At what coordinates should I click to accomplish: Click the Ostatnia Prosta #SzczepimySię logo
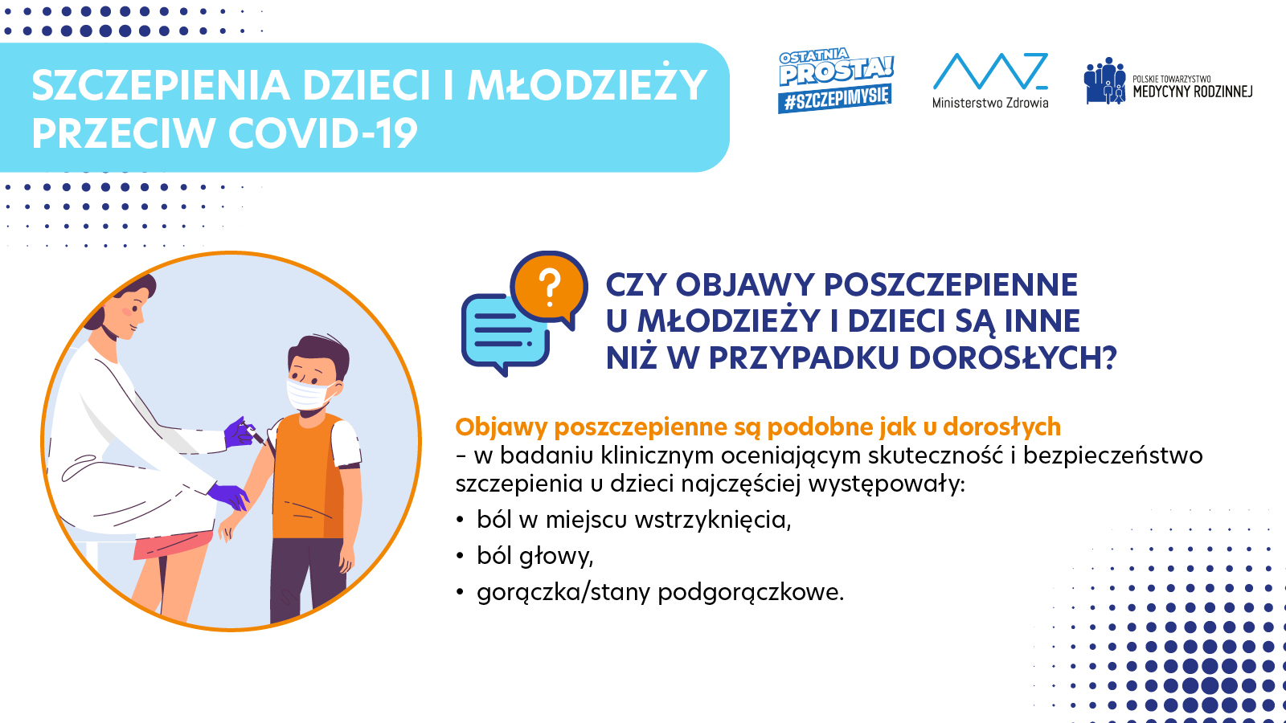pos(836,80)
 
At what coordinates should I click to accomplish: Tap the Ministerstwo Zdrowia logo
pos(990,81)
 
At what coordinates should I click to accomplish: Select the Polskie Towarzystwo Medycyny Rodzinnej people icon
pos(1104,81)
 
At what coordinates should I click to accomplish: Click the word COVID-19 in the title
pos(322,133)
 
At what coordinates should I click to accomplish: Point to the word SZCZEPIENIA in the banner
pos(161,85)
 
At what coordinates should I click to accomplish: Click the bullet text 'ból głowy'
pos(535,556)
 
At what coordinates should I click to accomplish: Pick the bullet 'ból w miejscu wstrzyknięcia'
pos(634,520)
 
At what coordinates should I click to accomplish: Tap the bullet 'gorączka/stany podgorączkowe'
pos(660,592)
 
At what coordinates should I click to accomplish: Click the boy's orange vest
pos(309,476)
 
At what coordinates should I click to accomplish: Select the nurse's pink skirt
pos(172,544)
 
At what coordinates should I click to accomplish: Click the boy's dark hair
pos(319,352)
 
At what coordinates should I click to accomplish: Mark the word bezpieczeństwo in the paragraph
pos(1112,455)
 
